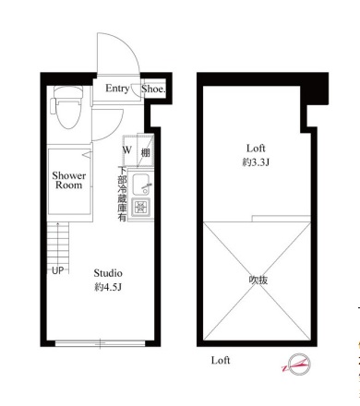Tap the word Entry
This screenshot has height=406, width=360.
pyautogui.click(x=117, y=89)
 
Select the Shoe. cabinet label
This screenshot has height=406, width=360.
pyautogui.click(x=153, y=89)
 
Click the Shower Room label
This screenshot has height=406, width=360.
pyautogui.click(x=68, y=180)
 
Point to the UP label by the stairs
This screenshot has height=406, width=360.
pyautogui.click(x=57, y=270)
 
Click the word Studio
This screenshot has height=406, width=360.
pyautogui.click(x=108, y=273)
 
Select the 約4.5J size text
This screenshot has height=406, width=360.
pyautogui.click(x=108, y=287)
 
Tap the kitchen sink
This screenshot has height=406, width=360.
pyautogui.click(x=141, y=185)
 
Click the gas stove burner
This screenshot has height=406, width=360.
pyautogui.click(x=141, y=207)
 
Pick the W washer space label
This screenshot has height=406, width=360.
pyautogui.click(x=127, y=150)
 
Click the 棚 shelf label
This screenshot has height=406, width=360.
pyautogui.click(x=146, y=152)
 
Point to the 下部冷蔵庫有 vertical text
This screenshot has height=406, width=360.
pyautogui.click(x=123, y=194)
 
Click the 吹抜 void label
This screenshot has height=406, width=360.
pyautogui.click(x=258, y=281)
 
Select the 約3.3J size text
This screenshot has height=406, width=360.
pyautogui.click(x=256, y=162)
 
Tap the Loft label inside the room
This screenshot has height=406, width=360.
pyautogui.click(x=256, y=149)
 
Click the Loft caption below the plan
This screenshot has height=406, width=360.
pyautogui.click(x=221, y=360)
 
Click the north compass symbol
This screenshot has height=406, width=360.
pyautogui.click(x=297, y=364)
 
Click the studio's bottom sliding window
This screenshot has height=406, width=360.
pyautogui.click(x=100, y=343)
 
